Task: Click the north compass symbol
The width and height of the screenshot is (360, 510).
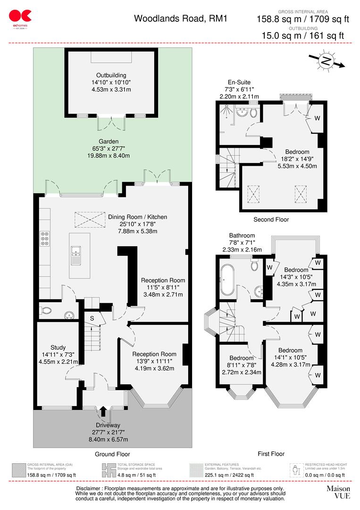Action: (325, 61)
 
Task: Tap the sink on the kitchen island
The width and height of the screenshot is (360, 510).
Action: (75, 256)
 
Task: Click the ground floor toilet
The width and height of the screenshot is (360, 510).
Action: (47, 311)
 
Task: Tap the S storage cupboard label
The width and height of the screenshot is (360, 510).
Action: (92, 318)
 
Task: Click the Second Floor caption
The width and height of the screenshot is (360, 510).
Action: (271, 220)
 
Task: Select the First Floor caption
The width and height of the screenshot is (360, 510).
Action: (271, 454)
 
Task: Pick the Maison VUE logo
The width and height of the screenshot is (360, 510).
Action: (339, 493)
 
